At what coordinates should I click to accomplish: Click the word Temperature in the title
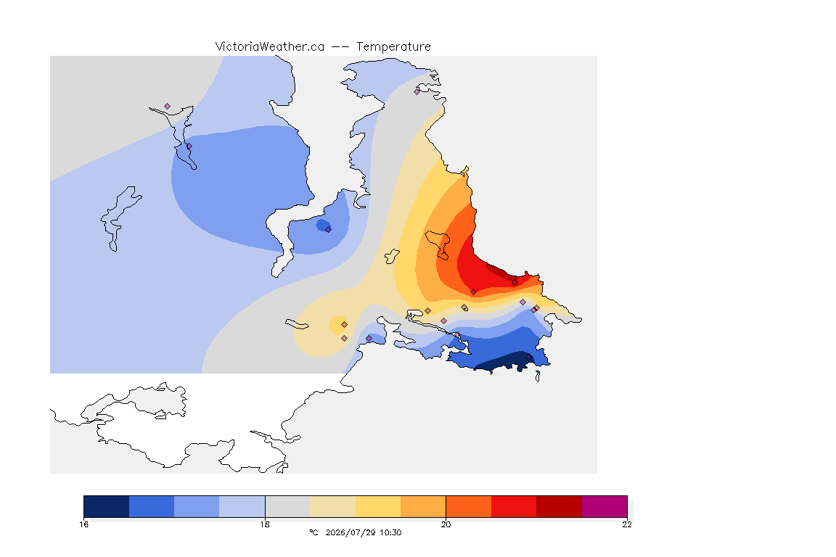point(393,47)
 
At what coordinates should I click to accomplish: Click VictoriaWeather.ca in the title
point(270,47)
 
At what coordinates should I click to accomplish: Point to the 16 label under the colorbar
point(83,524)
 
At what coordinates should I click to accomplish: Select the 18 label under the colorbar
point(265,524)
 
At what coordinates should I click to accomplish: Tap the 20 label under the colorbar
point(446,524)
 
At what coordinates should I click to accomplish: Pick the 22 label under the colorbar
point(627,524)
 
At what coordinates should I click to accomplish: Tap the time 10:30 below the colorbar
point(391,532)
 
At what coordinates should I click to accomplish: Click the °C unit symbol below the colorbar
point(313,532)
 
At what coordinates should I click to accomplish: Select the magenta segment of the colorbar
point(605,506)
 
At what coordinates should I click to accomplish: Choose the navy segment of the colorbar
point(107,506)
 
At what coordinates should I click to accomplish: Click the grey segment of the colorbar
point(287,506)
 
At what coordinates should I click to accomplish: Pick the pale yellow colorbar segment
point(332,506)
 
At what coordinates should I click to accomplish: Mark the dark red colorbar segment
point(560,506)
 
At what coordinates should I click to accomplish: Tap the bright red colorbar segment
point(514,506)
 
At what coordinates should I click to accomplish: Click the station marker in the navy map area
point(528,358)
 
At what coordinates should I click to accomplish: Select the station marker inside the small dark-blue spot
point(329,230)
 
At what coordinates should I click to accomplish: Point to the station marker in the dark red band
point(515,283)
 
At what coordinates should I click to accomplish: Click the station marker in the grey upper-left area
point(168,107)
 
